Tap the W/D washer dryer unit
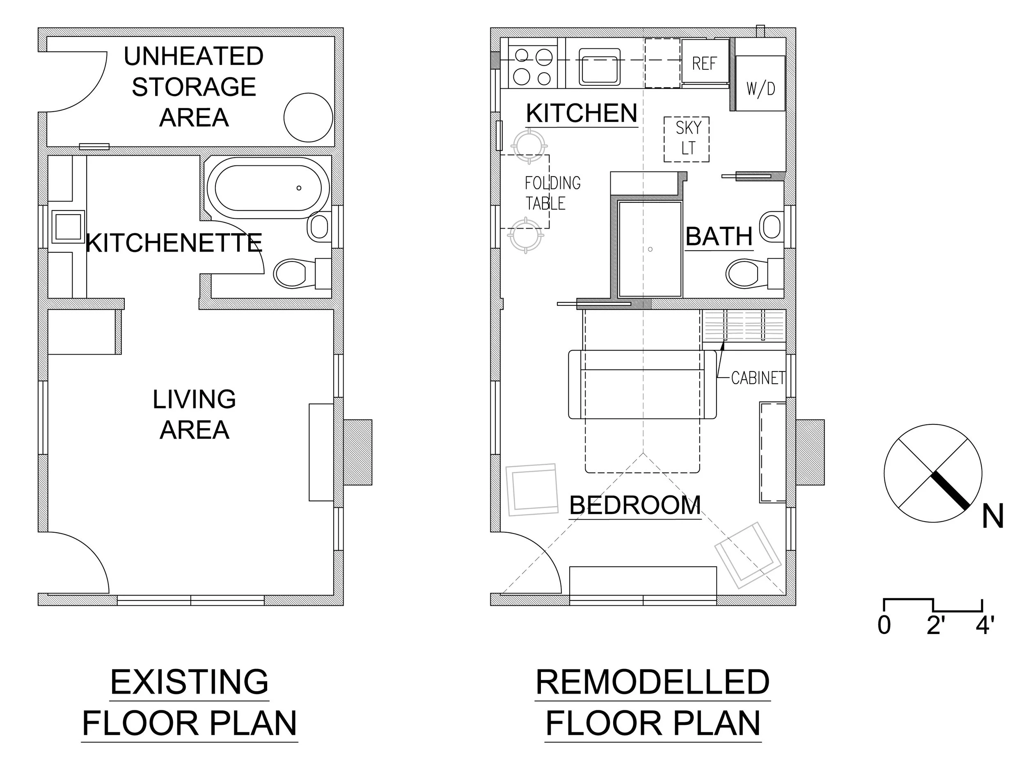[760, 84]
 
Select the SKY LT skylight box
[687, 139]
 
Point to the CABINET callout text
[758, 378]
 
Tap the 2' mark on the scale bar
[936, 625]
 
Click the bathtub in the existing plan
[268, 188]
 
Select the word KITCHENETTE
[174, 243]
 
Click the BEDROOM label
[635, 505]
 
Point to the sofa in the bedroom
[642, 385]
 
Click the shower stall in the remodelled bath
[650, 249]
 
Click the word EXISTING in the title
[189, 682]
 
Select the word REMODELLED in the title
[652, 682]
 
